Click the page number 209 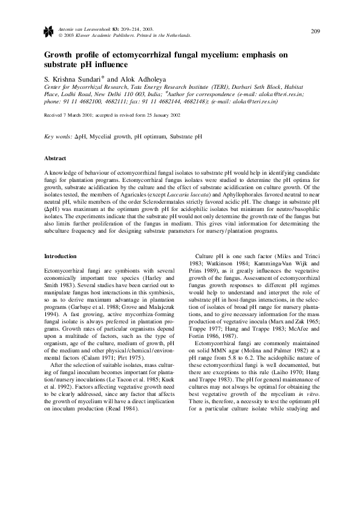[315, 31]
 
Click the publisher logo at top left [50, 32]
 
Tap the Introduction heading [61, 256]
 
